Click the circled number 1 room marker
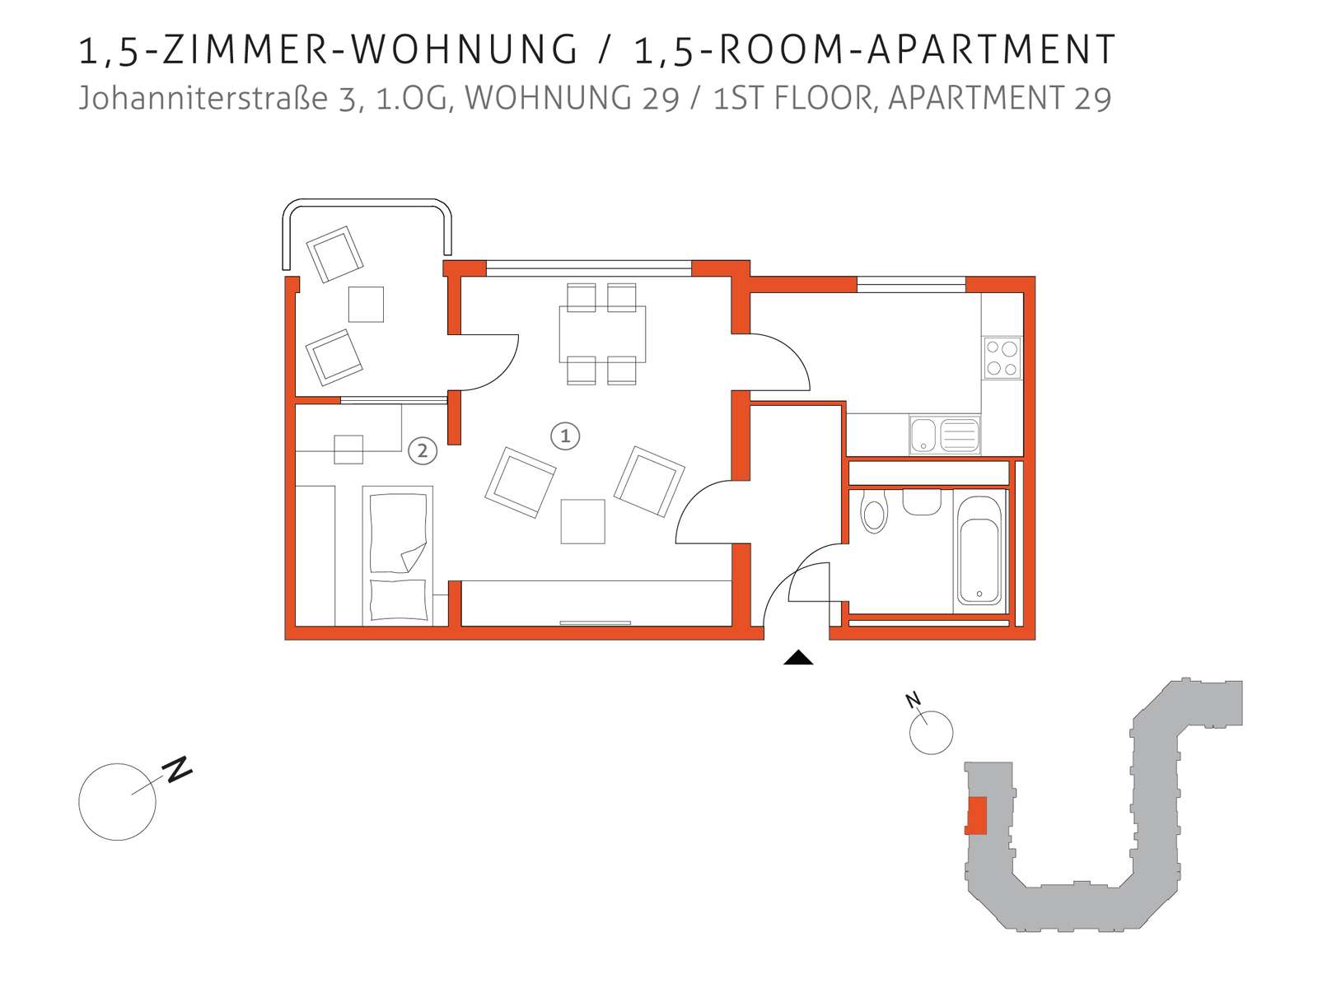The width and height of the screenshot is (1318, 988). [x=564, y=436]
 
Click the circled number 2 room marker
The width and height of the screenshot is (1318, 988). [x=422, y=450]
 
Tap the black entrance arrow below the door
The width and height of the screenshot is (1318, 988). [x=798, y=658]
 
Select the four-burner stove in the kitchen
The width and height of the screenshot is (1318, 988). [x=1002, y=357]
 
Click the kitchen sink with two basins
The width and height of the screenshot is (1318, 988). [x=945, y=435]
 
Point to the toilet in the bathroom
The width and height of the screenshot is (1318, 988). [x=874, y=511]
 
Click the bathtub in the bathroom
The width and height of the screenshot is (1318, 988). [x=979, y=549]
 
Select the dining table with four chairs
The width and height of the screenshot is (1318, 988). [x=602, y=334]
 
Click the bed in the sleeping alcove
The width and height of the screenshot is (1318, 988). [x=398, y=556]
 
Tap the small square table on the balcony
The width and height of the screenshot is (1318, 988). [x=366, y=304]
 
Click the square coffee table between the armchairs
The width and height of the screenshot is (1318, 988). [x=582, y=521]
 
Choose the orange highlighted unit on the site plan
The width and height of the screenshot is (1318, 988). [x=976, y=815]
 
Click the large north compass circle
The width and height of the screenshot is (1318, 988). [x=117, y=801]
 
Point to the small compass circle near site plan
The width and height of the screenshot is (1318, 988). [x=931, y=733]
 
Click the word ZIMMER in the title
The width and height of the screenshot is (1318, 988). [x=245, y=49]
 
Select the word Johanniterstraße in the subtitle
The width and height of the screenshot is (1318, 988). [x=203, y=98]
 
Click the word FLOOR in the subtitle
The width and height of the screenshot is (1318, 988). [x=823, y=98]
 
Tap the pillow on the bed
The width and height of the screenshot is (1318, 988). [x=399, y=599]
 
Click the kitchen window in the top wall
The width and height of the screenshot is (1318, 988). [x=911, y=284]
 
